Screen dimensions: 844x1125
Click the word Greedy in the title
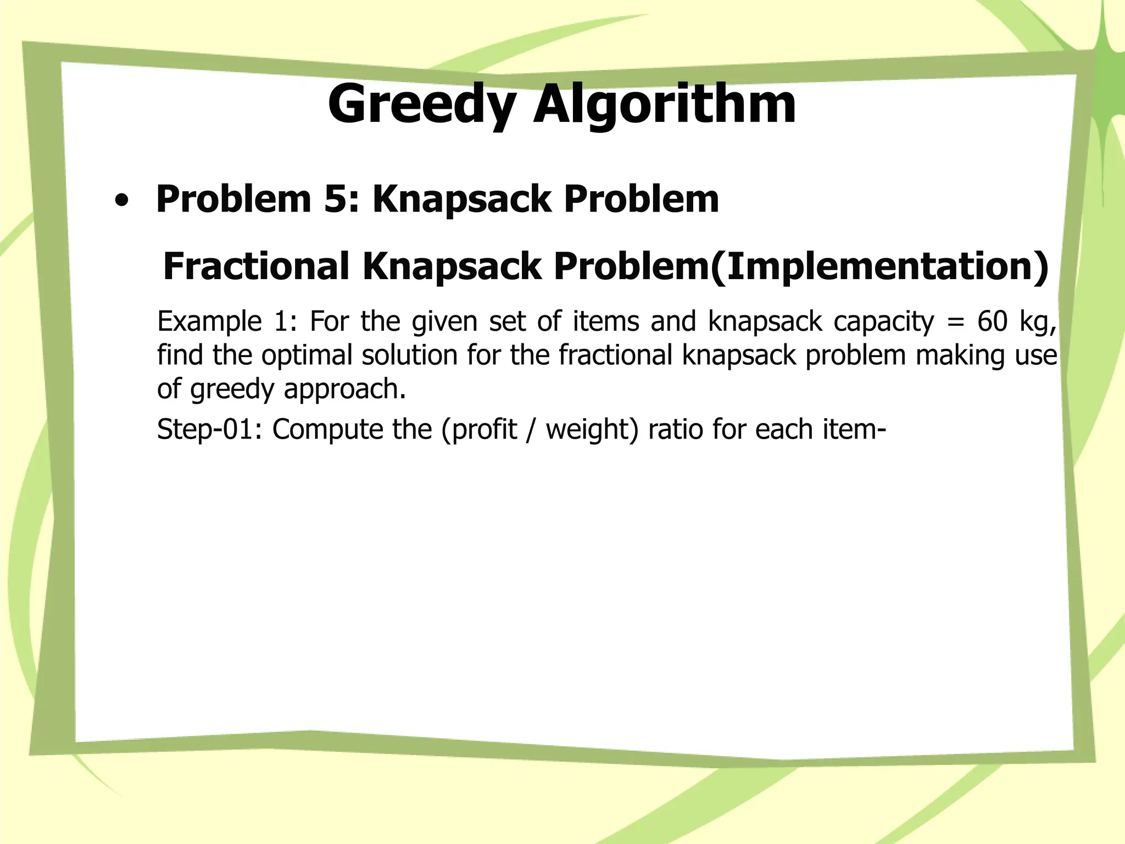pos(422,104)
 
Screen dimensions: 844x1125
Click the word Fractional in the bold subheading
pos(256,266)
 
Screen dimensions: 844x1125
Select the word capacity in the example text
pos(883,322)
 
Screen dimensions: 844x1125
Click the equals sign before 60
pos(955,322)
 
